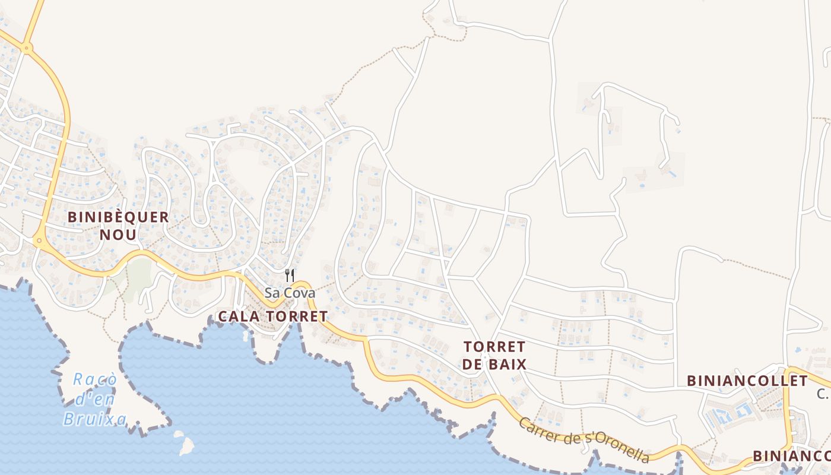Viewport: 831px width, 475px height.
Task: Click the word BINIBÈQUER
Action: (x=118, y=217)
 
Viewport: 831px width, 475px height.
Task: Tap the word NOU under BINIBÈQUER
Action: (x=118, y=235)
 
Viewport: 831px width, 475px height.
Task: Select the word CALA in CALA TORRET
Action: (x=239, y=316)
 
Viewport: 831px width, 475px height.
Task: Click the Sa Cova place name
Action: (x=290, y=293)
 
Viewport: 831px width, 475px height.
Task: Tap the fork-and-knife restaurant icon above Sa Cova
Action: (x=290, y=275)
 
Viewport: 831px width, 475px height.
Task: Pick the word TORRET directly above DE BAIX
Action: (x=494, y=346)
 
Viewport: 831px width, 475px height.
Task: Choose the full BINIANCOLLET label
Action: (x=747, y=381)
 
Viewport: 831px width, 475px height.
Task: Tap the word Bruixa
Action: (x=95, y=419)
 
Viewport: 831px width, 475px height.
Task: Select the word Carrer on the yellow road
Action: (x=540, y=431)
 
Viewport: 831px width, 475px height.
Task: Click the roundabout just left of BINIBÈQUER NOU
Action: (x=40, y=241)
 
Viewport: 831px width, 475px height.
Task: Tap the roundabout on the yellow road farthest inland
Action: (x=27, y=48)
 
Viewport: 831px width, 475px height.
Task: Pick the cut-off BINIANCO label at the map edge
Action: (x=791, y=455)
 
